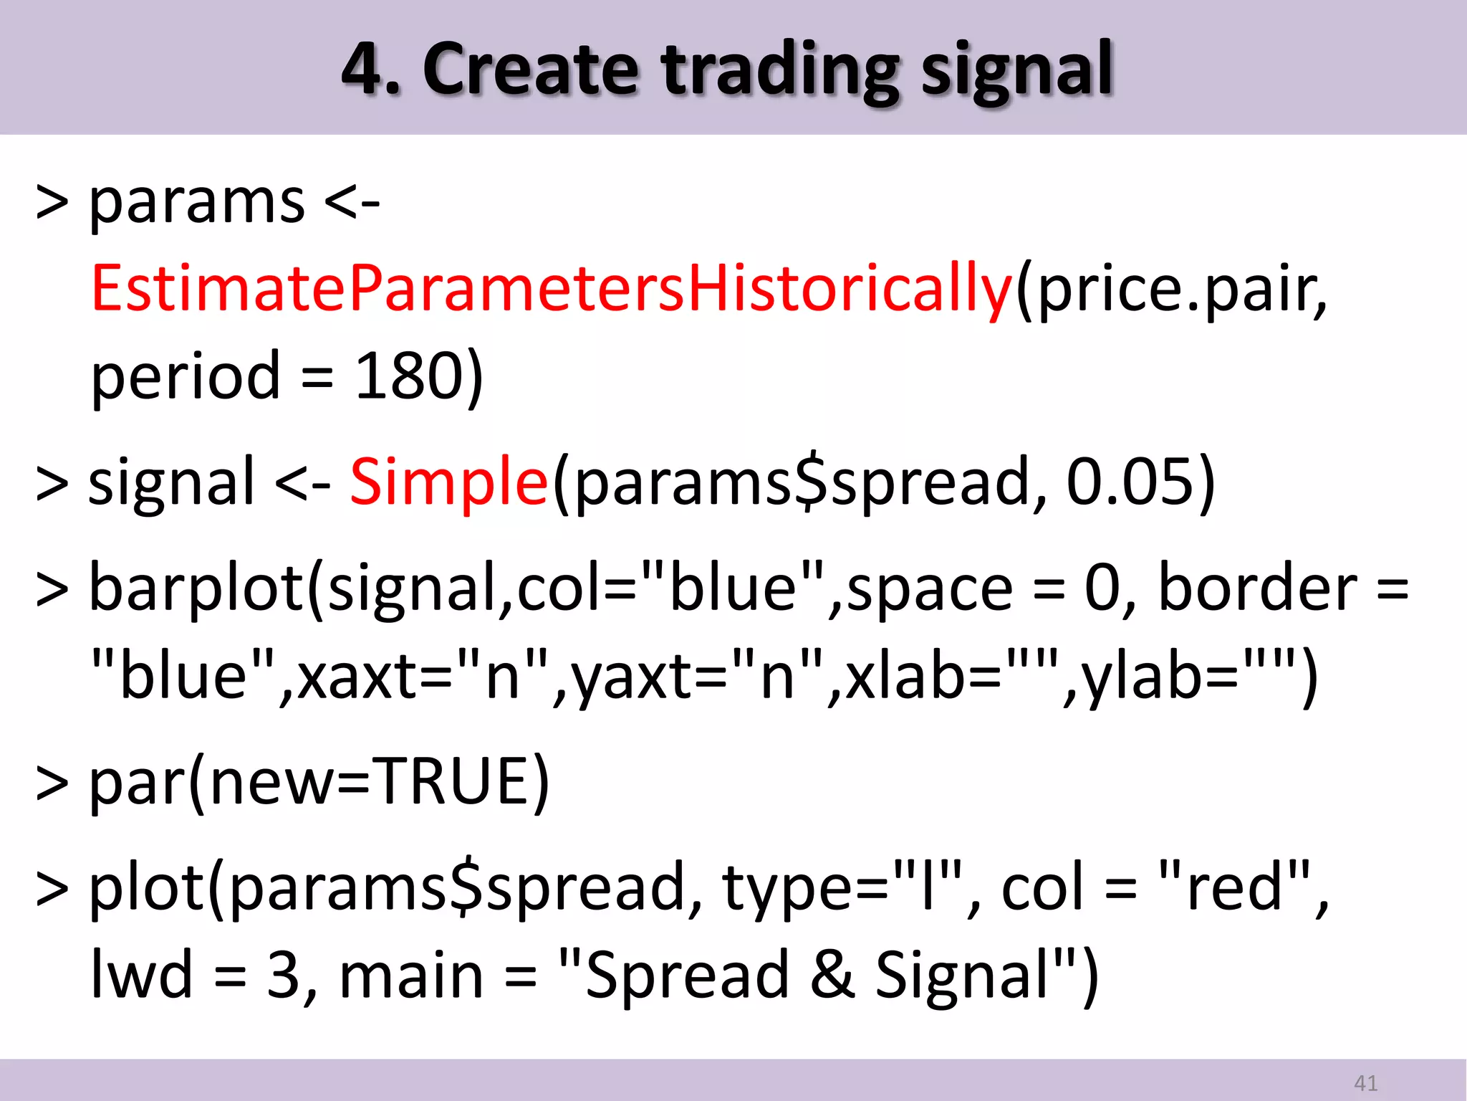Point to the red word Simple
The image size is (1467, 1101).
(x=449, y=482)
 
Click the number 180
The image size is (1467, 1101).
(x=409, y=376)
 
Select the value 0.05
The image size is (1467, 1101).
(x=1130, y=482)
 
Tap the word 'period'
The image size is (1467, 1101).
(x=185, y=376)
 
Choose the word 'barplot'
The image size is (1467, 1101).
(x=197, y=588)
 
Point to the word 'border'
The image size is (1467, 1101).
(x=1257, y=588)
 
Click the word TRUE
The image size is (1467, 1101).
(x=453, y=781)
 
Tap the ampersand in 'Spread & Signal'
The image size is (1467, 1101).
(x=832, y=975)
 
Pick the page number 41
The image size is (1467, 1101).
(x=1365, y=1083)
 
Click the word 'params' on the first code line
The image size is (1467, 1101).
(x=197, y=202)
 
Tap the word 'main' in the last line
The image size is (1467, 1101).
(x=411, y=975)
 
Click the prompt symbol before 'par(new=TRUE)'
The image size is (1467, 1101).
(x=52, y=783)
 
